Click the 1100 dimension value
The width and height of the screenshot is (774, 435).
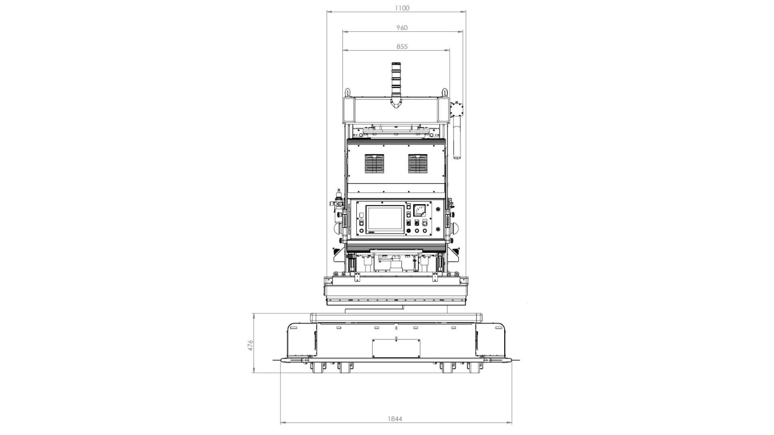point(402,8)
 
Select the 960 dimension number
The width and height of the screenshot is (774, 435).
point(402,28)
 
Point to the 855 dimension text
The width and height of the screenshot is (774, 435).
point(402,47)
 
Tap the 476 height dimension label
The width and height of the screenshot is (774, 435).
point(250,345)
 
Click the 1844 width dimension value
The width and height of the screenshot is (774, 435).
point(395,419)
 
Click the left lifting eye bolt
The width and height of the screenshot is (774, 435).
point(347,93)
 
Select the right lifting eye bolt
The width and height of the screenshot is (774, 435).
point(445,93)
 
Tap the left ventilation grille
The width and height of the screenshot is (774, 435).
point(374,164)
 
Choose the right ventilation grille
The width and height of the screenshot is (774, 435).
point(418,164)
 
